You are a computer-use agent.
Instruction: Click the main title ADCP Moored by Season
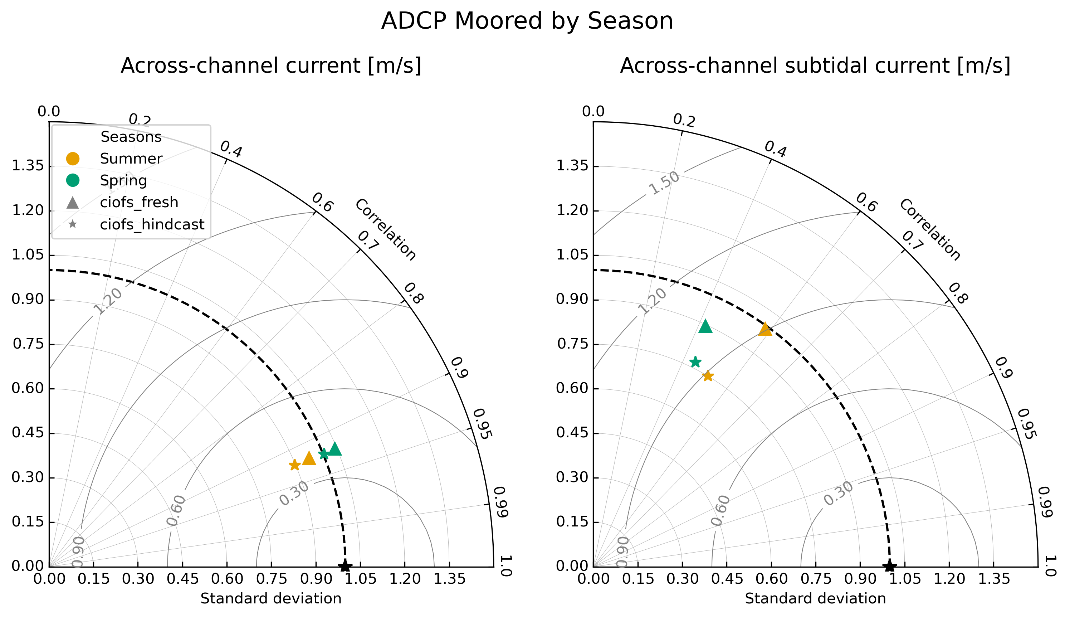pos(527,21)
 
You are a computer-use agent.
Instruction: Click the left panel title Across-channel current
pos(271,66)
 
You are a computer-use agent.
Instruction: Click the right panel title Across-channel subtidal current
pos(815,66)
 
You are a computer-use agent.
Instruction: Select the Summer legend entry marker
pos(73,159)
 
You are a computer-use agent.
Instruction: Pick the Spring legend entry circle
pos(73,181)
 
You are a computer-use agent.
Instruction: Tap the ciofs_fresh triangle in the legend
pos(73,203)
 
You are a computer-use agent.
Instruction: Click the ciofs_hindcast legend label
pos(152,224)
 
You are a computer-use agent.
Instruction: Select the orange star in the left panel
pos(294,465)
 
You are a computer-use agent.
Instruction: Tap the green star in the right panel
pos(695,362)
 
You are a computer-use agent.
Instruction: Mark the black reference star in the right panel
pos(890,566)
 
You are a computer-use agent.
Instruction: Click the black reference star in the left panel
pos(345,566)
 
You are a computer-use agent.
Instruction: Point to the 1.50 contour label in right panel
pos(664,184)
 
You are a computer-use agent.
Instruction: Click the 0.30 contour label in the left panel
pos(294,494)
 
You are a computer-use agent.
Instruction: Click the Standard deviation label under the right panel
pos(815,598)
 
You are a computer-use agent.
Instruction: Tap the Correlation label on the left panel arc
pos(385,230)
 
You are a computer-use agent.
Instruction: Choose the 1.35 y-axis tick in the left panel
pos(28,166)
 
